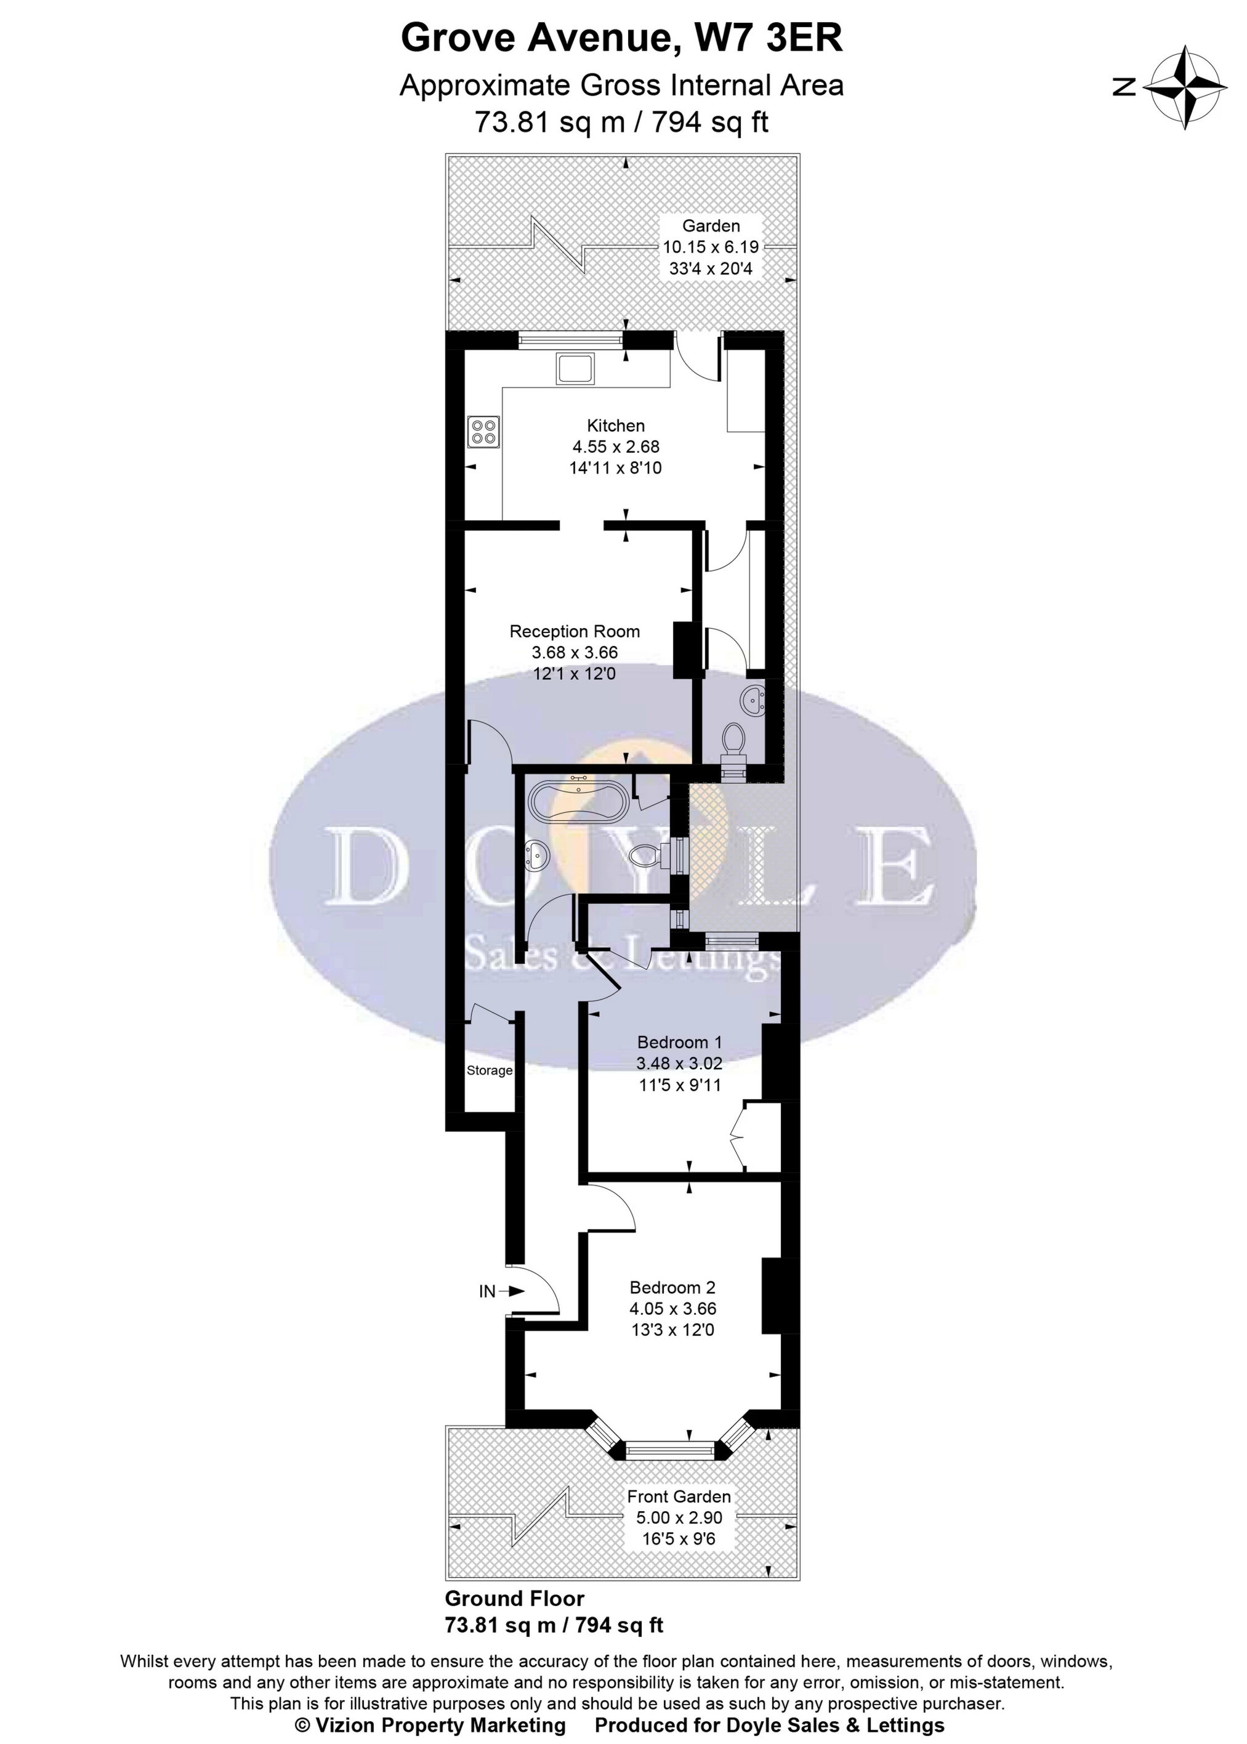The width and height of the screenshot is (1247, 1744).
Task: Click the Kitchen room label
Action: coord(616,426)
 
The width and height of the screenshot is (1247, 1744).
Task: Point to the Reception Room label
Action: coord(575,631)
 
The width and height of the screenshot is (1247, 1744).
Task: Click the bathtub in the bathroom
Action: coord(579,800)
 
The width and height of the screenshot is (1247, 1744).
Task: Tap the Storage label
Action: coord(489,1070)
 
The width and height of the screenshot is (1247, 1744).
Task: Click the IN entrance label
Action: coord(488,1292)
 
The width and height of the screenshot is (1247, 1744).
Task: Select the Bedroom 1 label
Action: coord(680,1042)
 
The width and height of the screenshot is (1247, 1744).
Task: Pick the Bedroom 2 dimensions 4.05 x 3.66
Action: coord(672,1309)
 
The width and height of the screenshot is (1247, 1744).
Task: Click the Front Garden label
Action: coord(679,1496)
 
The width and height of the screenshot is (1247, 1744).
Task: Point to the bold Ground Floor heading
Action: coord(514,1598)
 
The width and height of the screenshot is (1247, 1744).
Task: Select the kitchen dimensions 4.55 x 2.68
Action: coord(616,446)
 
